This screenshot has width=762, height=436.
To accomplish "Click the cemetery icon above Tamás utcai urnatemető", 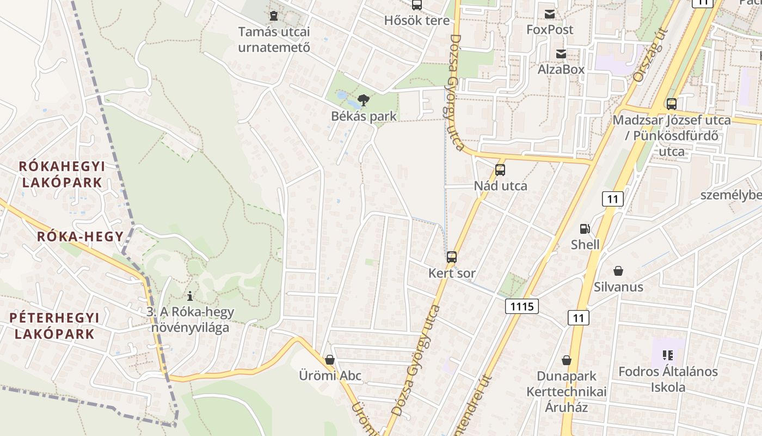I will [x=274, y=15].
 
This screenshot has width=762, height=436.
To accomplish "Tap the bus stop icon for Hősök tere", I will [x=417, y=5].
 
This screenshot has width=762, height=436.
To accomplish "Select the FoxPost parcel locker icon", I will [x=550, y=14].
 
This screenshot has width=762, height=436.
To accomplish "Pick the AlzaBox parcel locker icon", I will [x=561, y=54].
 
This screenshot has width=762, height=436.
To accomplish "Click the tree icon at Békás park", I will [x=364, y=100].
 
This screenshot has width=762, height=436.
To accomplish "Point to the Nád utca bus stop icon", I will [x=500, y=170].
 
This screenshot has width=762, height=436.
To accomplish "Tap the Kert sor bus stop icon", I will [x=452, y=257].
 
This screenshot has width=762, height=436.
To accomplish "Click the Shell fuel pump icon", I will [x=585, y=229].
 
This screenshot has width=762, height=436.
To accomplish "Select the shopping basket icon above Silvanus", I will [x=618, y=271].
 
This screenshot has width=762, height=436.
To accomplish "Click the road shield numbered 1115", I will [x=522, y=306].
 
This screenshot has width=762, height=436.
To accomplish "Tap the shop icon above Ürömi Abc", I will [x=329, y=360].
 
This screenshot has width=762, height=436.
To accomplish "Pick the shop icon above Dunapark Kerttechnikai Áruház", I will [x=567, y=360].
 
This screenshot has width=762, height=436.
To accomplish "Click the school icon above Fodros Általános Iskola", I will [x=668, y=356].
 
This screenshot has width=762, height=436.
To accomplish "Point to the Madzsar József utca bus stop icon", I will [x=672, y=104].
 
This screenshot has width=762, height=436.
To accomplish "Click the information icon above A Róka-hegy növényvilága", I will [x=190, y=296].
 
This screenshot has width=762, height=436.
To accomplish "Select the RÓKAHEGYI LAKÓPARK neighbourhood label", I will [x=62, y=174].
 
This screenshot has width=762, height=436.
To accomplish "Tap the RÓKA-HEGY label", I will [x=80, y=237].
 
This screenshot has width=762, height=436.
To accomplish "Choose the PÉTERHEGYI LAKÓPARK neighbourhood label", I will [x=54, y=325].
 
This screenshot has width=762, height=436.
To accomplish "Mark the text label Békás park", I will [x=364, y=116].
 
